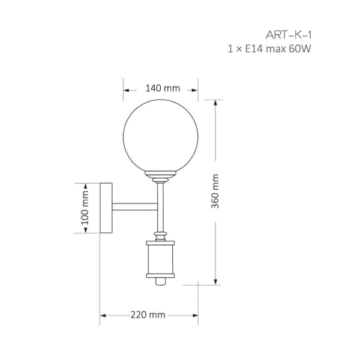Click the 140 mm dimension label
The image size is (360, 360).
click(163, 88)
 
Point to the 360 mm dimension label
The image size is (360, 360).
click(215, 191)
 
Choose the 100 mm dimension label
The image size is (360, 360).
click(85, 209)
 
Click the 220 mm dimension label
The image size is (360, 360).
click(148, 314)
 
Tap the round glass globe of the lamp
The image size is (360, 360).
click(161, 136)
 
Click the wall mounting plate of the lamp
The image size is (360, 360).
click(106, 208)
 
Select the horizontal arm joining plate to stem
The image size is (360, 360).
click(134, 207)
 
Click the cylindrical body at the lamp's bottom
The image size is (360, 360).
click(160, 259)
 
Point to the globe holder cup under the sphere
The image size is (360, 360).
click(161, 176)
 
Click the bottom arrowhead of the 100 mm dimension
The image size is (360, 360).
click(85, 232)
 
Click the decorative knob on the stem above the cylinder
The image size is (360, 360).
click(160, 233)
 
